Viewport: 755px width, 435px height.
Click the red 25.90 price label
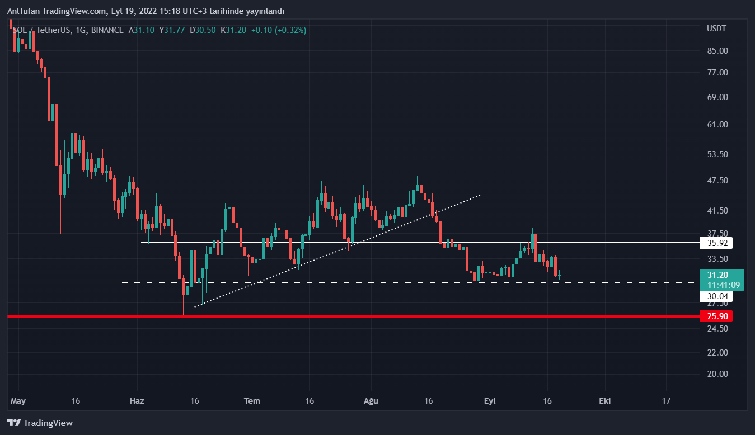pos(716,316)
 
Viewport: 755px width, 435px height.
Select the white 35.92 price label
pos(716,243)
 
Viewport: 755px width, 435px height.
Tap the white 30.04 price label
pos(716,296)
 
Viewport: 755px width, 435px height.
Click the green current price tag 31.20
pos(718,275)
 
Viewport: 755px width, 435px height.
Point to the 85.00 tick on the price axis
pos(717,51)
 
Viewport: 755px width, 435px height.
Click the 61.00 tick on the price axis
pos(717,125)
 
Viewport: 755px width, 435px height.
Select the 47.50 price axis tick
pos(717,181)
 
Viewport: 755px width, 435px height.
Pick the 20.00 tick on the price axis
pos(717,374)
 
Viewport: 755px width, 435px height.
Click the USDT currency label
pos(716,29)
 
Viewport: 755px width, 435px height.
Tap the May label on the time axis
pos(18,401)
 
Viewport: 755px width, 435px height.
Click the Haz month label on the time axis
pos(137,401)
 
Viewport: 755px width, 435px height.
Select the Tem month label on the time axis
pos(252,401)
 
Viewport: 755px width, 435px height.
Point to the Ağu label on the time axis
pos(371,401)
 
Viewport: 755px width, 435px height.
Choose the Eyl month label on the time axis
pos(490,401)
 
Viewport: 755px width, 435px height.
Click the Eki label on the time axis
pos(604,401)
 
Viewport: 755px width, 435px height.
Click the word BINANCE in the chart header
pos(107,30)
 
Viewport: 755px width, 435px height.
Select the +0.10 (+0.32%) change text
pos(279,30)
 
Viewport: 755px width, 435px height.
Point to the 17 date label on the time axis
pos(666,401)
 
